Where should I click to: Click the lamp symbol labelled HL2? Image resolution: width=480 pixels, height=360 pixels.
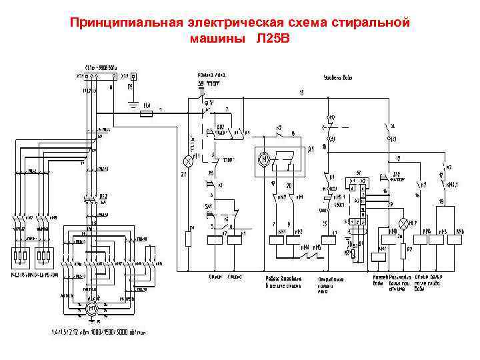(x=403, y=223)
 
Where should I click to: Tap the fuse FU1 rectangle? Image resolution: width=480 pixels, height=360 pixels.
(x=148, y=114)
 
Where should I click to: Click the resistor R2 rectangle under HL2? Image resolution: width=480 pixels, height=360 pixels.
(x=403, y=248)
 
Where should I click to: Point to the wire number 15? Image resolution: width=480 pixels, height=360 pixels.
(x=301, y=91)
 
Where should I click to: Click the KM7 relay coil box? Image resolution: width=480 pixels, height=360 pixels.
(x=378, y=254)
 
